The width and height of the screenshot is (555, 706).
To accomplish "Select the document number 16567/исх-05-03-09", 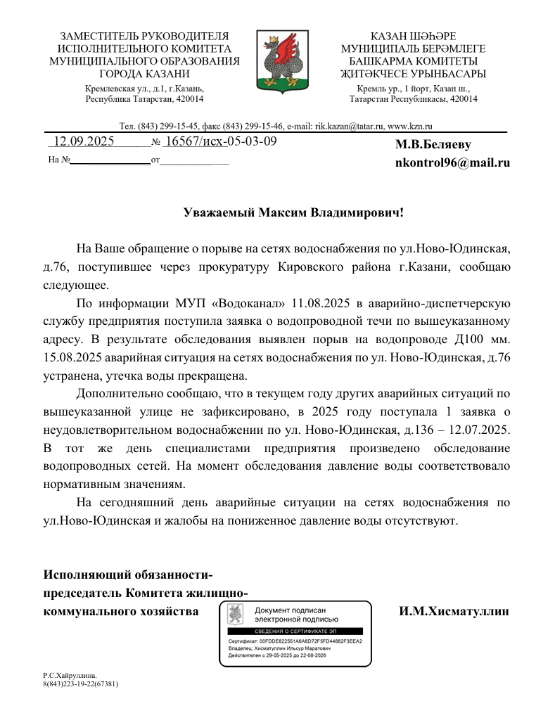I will [220, 141].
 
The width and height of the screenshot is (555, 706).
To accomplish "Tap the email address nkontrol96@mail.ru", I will [452, 162].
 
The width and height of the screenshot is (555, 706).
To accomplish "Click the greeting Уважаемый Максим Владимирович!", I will [294, 212].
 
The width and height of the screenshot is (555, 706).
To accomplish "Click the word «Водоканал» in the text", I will [250, 304].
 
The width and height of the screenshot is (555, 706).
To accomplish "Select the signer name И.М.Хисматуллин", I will [454, 611].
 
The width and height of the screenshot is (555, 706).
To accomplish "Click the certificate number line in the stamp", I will [295, 641].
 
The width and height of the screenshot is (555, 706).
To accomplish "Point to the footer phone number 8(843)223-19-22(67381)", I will [80, 683].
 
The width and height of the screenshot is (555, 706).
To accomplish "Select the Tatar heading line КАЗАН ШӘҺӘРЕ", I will [413, 36].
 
